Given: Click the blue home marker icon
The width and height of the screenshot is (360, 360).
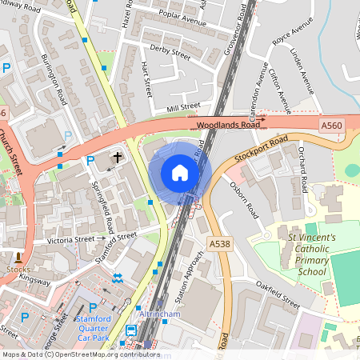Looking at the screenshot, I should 180,173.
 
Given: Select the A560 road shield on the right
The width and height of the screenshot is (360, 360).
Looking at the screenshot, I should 332,125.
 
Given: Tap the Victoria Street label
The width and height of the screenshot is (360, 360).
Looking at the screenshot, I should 71,240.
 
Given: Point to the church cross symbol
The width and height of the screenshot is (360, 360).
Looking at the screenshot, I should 118,158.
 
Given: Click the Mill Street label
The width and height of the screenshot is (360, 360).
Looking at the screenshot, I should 183,106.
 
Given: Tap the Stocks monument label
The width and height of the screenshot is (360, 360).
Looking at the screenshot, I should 17,270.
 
